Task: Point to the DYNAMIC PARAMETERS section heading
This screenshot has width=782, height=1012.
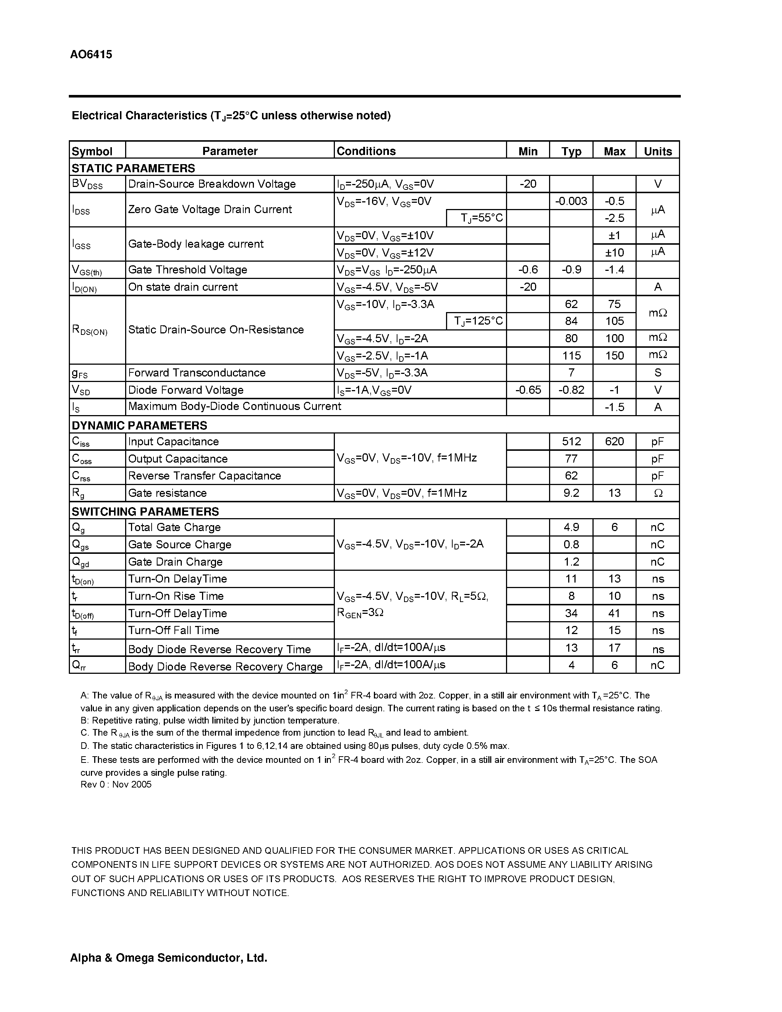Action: pos(139,425)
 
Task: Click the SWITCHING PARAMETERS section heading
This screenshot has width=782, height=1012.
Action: pos(145,511)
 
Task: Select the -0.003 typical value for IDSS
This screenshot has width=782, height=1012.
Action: pos(571,201)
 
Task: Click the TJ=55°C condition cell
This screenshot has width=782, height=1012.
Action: pos(481,218)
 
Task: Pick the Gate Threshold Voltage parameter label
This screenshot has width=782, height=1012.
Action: pos(187,270)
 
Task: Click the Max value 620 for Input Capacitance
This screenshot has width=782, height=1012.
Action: pos(614,441)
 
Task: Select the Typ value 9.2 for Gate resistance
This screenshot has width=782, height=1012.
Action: pos(571,493)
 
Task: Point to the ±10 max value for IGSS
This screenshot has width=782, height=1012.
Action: pos(614,252)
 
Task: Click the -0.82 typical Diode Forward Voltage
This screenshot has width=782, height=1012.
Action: pos(571,390)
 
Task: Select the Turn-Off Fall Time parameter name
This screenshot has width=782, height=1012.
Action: pos(173,630)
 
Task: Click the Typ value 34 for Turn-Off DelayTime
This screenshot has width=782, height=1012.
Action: pos(571,613)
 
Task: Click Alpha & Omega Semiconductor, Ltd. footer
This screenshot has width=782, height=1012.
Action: pos(168,958)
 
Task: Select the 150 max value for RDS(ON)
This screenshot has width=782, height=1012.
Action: pos(614,355)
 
